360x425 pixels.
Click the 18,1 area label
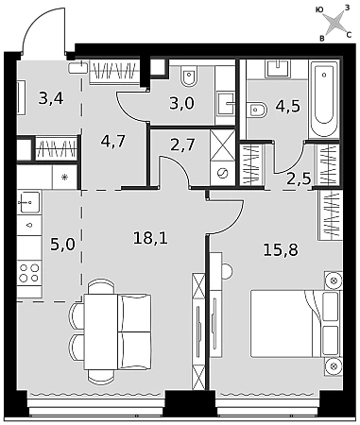click(150, 238)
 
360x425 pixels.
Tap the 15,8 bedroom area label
click(281, 250)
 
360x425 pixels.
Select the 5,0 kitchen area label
click(63, 245)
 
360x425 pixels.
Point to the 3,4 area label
click(51, 98)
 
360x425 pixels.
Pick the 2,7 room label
click(182, 145)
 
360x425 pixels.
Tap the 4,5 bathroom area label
click(288, 107)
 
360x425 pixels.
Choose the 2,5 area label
click(299, 179)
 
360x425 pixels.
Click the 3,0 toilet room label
click(182, 103)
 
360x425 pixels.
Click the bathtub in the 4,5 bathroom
click(324, 98)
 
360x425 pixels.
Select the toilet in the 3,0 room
click(189, 76)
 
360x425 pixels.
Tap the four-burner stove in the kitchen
click(29, 273)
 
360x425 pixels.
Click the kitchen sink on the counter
click(29, 201)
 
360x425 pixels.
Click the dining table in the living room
click(101, 331)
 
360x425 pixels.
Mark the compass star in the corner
click(334, 23)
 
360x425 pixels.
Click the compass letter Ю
click(319, 10)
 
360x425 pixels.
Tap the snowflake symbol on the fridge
click(64, 178)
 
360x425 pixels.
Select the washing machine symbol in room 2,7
click(223, 173)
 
